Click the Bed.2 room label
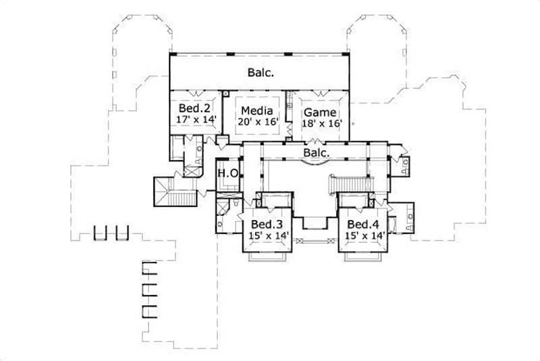point(191,108)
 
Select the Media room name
point(256,111)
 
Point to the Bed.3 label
point(265,224)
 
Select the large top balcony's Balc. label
point(260,72)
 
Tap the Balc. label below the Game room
point(317,154)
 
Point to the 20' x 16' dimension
point(256,123)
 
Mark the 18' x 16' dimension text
point(321,123)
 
